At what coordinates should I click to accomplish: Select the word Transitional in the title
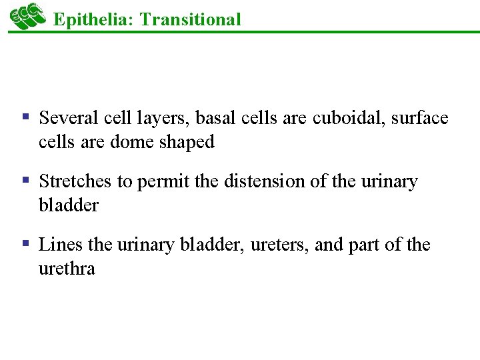point(191,19)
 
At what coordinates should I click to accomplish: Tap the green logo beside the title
point(27,16)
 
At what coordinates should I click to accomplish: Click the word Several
point(69,119)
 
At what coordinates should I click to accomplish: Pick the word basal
point(213,119)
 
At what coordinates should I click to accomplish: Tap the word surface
point(420,119)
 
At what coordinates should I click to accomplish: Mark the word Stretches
point(76,182)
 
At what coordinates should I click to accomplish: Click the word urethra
point(67,269)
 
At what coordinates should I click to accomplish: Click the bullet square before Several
point(27,117)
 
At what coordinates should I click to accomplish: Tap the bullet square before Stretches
point(27,180)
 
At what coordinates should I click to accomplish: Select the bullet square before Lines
point(27,243)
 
